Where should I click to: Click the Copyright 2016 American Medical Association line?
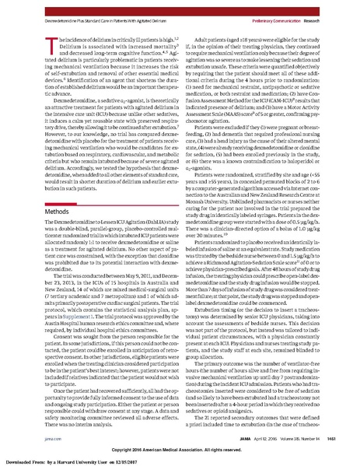pos(179,449)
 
